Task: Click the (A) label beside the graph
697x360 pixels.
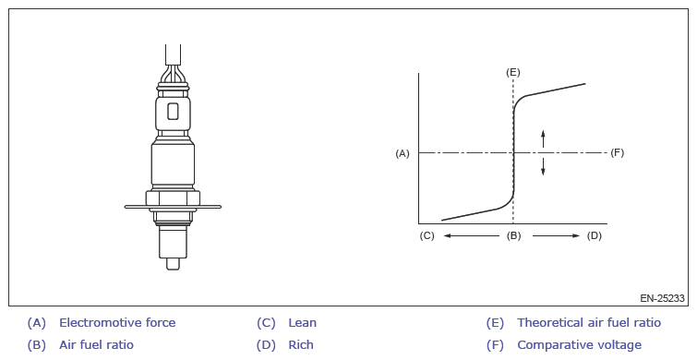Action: tap(403, 154)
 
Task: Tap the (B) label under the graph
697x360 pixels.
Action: tap(513, 235)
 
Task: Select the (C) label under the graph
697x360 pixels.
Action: tap(427, 235)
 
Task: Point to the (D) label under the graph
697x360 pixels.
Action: tap(595, 235)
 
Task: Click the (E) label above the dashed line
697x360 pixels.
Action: tap(513, 72)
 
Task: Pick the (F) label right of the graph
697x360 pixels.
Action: tap(617, 153)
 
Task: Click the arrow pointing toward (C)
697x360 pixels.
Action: tap(472, 235)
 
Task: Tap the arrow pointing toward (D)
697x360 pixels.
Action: tap(556, 235)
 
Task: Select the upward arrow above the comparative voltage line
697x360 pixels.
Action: tap(543, 138)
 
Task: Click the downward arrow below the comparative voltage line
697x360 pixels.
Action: tap(543, 166)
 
